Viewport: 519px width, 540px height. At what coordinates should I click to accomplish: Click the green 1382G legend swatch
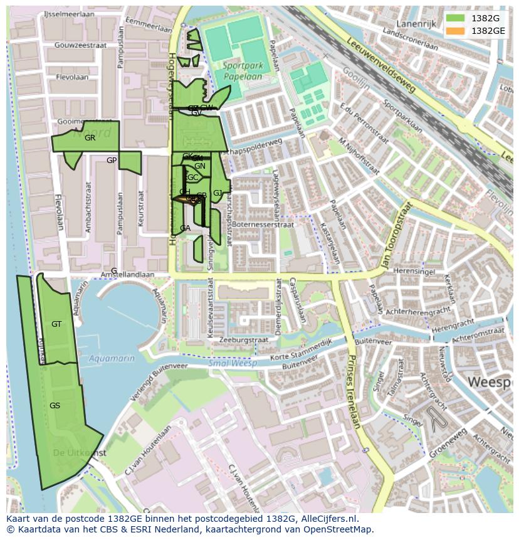(x=455, y=18)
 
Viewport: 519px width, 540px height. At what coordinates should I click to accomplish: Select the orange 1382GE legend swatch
(x=455, y=31)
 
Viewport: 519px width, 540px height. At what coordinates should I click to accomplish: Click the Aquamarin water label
(x=112, y=358)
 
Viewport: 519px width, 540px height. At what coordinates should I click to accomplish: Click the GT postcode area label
(x=56, y=324)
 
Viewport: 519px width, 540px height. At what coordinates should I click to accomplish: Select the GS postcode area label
(x=55, y=406)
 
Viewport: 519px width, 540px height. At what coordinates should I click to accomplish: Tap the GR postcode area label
(x=90, y=138)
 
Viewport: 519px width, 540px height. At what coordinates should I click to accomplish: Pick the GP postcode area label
(x=112, y=161)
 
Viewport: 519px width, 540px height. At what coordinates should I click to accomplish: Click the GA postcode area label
(x=185, y=228)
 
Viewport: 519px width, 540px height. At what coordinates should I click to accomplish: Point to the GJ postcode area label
(x=218, y=193)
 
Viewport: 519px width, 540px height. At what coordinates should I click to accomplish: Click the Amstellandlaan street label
(x=128, y=275)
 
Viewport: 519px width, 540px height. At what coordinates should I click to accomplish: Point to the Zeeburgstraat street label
(x=244, y=340)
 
